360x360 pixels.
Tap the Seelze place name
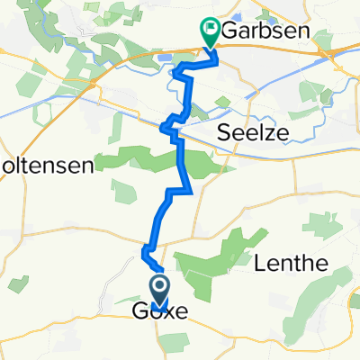(x=251, y=133)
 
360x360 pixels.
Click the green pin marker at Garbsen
(x=211, y=34)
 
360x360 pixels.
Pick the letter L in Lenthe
(x=261, y=264)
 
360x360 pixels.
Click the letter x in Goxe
(x=167, y=313)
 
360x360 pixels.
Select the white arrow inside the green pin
(x=211, y=31)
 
